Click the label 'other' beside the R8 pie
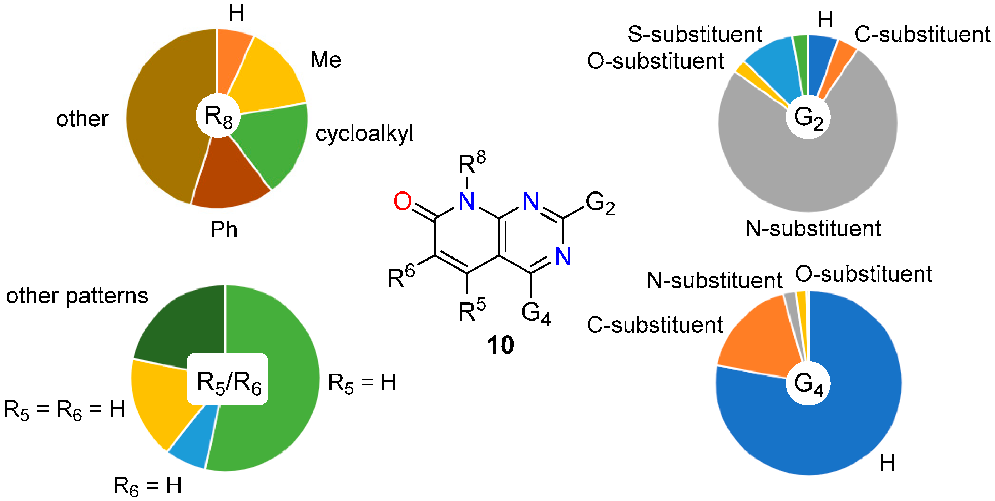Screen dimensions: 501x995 tap(82, 118)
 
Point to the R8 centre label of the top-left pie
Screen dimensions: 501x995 tap(218, 116)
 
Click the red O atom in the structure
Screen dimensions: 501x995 tap(402, 201)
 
